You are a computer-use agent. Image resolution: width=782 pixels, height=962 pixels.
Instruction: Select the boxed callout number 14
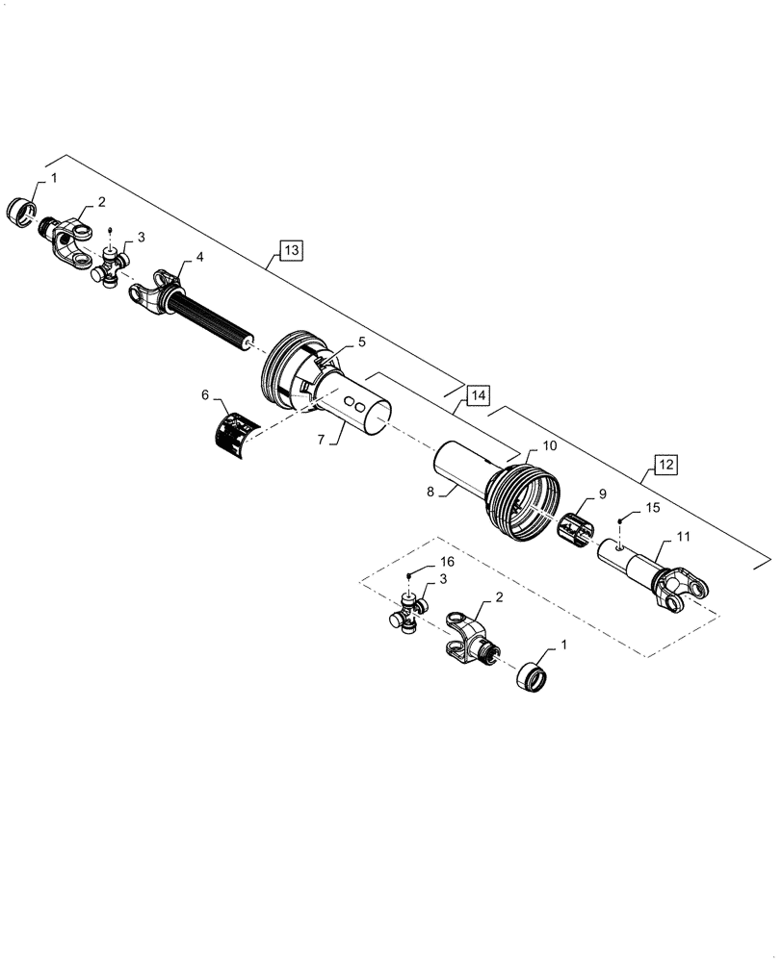pyautogui.click(x=479, y=394)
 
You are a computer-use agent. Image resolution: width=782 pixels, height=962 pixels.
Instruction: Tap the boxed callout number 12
pyautogui.click(x=666, y=465)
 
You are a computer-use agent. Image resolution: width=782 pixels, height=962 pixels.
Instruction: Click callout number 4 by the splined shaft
pyautogui.click(x=199, y=257)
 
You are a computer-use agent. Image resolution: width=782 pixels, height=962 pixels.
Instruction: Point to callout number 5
pyautogui.click(x=335, y=342)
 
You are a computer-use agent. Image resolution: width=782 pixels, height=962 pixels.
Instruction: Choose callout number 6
pyautogui.click(x=205, y=394)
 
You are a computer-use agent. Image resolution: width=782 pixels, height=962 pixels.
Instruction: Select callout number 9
pyautogui.click(x=602, y=494)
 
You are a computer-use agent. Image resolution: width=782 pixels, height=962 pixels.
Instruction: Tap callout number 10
pyautogui.click(x=550, y=446)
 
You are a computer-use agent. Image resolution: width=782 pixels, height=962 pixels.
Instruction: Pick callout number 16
pyautogui.click(x=420, y=560)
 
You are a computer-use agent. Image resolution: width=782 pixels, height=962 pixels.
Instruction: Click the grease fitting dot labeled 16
pyautogui.click(x=409, y=575)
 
